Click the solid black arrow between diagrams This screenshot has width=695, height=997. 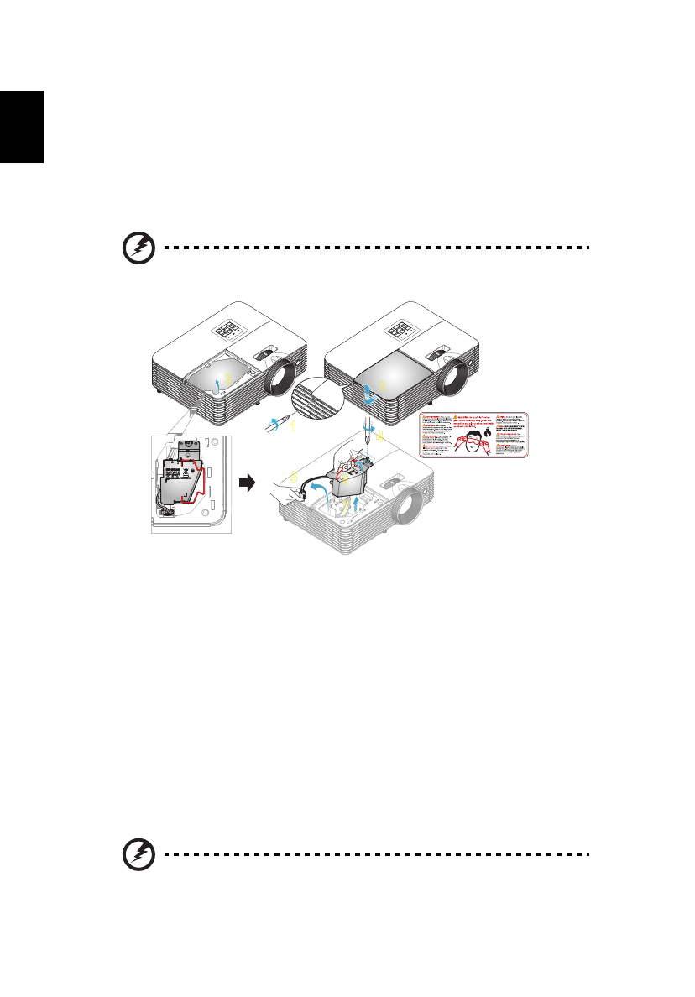(x=246, y=483)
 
